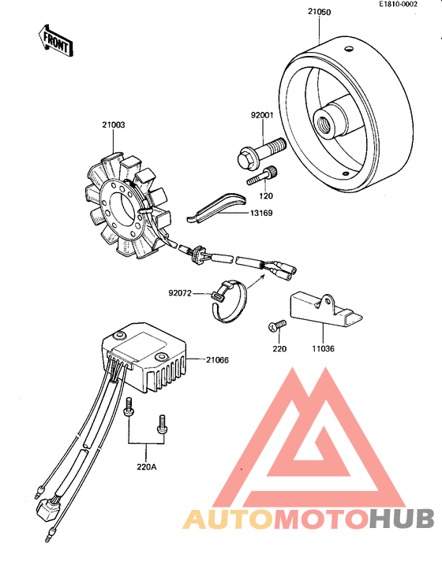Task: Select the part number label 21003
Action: [x=113, y=124]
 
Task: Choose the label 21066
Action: [x=217, y=360]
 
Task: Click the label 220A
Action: [x=146, y=467]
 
